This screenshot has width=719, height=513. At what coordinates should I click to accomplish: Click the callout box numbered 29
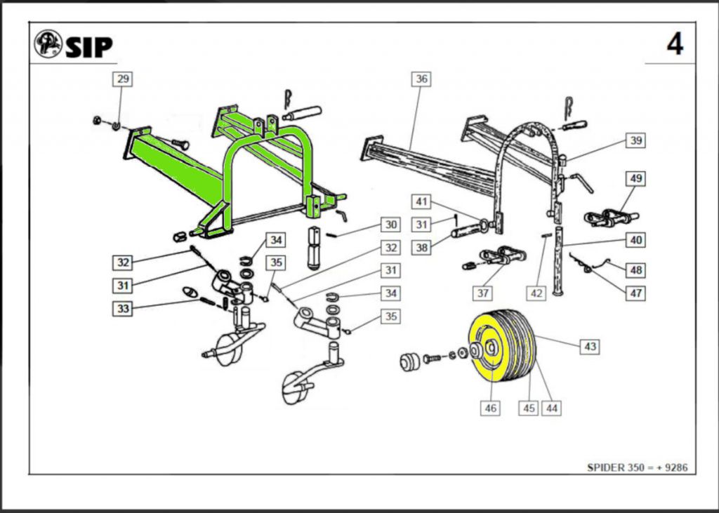[x=123, y=79]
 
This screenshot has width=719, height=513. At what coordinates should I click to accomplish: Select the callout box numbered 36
[x=421, y=79]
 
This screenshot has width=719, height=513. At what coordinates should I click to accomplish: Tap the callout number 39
[x=635, y=140]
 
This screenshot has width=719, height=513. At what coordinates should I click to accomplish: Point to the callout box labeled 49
[x=635, y=179]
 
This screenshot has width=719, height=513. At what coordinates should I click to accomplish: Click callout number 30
[x=390, y=225]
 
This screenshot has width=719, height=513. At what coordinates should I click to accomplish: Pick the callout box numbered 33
[x=124, y=308]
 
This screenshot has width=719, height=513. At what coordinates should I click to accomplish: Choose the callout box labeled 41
[x=421, y=202]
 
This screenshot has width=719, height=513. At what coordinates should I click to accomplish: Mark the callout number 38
[x=421, y=247]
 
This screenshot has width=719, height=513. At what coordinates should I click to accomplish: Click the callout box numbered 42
[x=537, y=293]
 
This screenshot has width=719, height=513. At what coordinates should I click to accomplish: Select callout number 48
[x=635, y=270]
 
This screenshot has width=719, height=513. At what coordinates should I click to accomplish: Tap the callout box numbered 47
[x=635, y=293]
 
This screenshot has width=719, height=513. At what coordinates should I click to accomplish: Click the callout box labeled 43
[x=590, y=346]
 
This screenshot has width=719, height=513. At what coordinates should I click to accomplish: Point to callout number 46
[x=491, y=407]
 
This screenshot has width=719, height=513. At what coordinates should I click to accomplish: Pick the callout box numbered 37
[x=483, y=293]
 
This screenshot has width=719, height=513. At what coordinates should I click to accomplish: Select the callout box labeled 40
[x=635, y=240]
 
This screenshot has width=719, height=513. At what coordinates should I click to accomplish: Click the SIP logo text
[x=88, y=46]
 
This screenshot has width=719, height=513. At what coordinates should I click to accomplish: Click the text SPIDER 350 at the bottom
[x=613, y=467]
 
